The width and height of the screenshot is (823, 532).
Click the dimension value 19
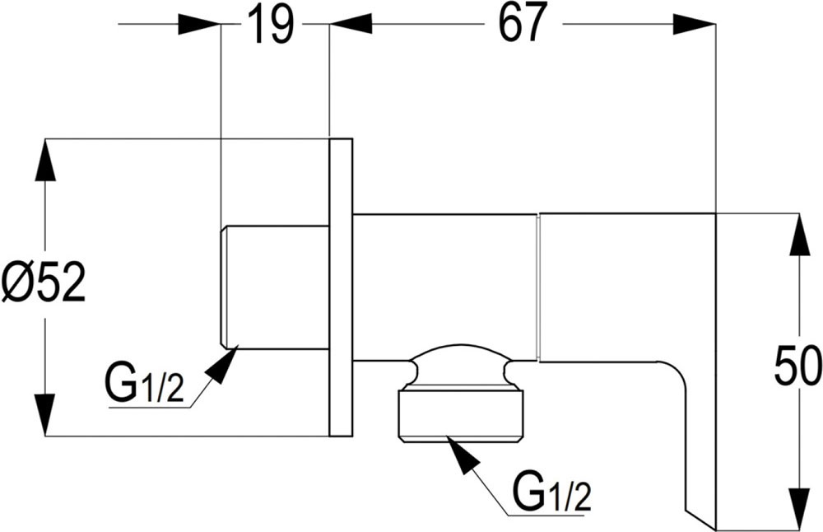(x=271, y=25)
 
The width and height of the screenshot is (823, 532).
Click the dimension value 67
(x=522, y=25)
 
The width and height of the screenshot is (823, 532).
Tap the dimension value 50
(x=797, y=367)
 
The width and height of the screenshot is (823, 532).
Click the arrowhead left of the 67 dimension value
(x=351, y=25)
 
